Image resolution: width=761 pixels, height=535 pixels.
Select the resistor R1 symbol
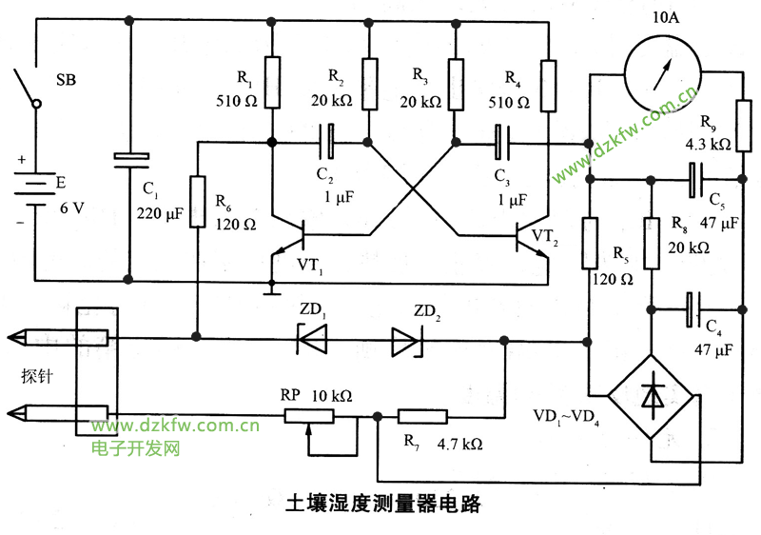tap(272, 82)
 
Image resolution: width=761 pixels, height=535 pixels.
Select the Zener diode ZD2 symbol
tap(407, 339)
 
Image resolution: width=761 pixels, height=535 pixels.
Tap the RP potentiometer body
tap(308, 415)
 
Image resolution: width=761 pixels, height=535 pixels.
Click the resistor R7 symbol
tap(424, 415)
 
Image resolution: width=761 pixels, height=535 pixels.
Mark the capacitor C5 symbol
tap(695, 178)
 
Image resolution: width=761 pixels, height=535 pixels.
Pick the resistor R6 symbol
tap(198, 201)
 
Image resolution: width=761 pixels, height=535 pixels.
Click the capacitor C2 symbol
tap(328, 143)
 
